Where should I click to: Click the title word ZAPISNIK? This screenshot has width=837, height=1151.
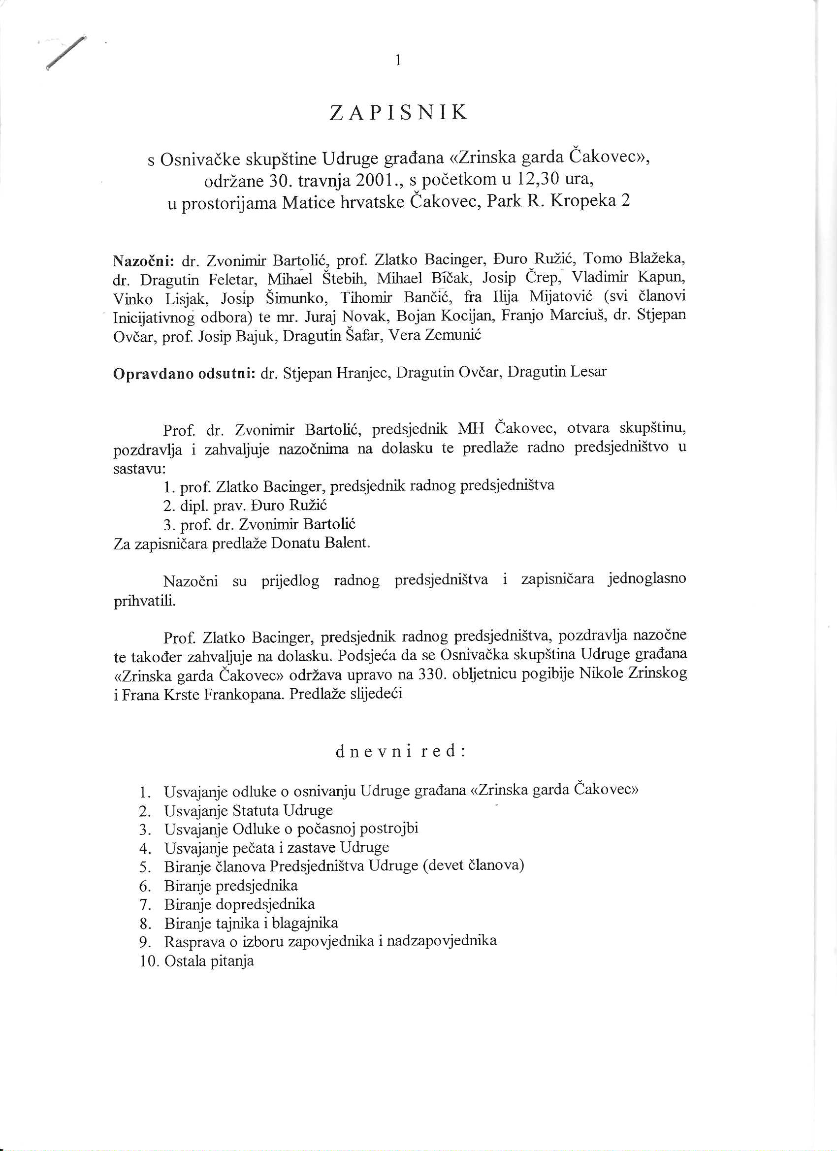tap(398, 113)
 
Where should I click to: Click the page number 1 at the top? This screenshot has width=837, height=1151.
tap(398, 61)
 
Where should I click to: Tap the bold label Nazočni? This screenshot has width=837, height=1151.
tap(144, 261)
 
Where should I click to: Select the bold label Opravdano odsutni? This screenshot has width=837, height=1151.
tap(184, 374)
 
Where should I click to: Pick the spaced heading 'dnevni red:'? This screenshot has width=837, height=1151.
tap(400, 751)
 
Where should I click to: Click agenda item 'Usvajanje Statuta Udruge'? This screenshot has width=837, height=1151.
tap(248, 810)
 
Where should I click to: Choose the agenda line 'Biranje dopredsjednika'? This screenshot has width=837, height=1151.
tap(239, 904)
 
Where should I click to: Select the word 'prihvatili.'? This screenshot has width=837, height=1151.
tap(145, 602)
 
